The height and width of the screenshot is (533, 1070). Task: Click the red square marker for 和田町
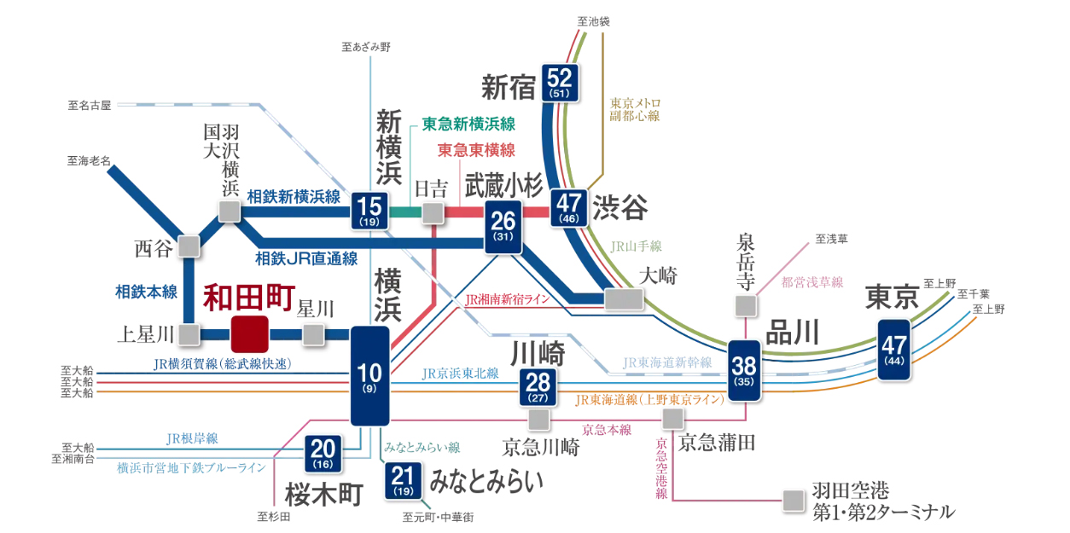pos(249,333)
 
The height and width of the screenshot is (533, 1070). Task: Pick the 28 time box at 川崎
pos(538,388)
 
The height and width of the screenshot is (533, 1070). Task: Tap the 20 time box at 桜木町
pos(323,453)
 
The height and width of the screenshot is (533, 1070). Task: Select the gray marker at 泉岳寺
pos(746,305)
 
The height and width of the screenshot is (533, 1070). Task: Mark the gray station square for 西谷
pos(189,247)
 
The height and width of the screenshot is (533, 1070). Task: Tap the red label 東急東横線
pos(476,150)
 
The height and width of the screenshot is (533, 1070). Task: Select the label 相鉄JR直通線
pos(306,258)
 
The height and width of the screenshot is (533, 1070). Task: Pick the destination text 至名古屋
pos(90,106)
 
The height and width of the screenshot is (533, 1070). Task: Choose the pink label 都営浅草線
pos(811,281)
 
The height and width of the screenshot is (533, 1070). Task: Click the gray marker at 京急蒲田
pos(674,418)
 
